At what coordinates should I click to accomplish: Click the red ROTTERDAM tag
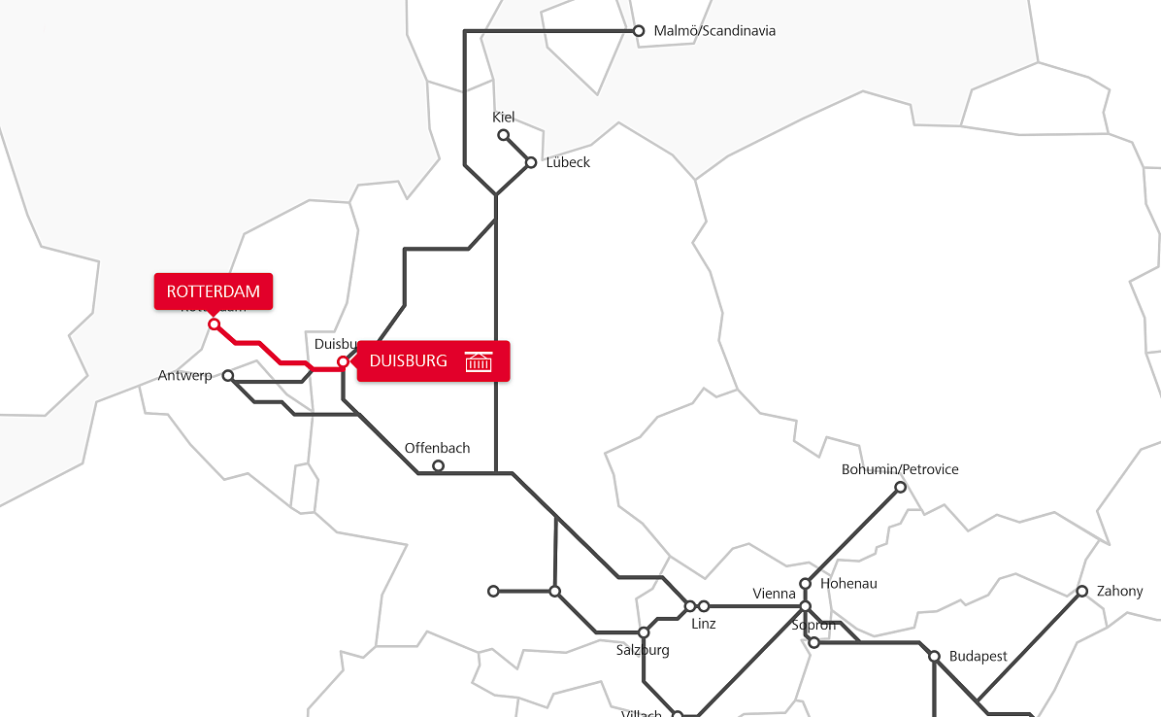coord(214,291)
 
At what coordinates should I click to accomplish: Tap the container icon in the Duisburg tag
coord(479,361)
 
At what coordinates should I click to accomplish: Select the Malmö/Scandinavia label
coord(714,31)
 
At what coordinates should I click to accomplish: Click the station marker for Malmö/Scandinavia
coord(639,31)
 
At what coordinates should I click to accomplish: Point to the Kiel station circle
coord(503,135)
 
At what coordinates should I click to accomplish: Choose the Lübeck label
coord(568,162)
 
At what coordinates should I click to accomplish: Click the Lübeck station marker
coord(531,162)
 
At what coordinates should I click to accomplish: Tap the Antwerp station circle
coord(228,375)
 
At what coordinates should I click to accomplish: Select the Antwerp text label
coord(184,376)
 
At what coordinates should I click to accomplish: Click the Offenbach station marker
coord(438,466)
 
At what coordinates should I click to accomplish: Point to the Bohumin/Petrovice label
coord(900,470)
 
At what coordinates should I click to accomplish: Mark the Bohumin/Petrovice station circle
coord(900,487)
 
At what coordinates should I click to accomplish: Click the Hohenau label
coord(848,584)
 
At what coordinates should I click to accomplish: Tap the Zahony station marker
coord(1081,591)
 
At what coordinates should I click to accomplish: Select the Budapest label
coord(978,657)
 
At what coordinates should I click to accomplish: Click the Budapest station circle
coord(934,657)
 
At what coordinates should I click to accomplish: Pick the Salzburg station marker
coord(643,632)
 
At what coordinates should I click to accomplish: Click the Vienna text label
coord(775,594)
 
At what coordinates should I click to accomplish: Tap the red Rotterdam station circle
coord(215,324)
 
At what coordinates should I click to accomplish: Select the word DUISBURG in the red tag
coord(409,361)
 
